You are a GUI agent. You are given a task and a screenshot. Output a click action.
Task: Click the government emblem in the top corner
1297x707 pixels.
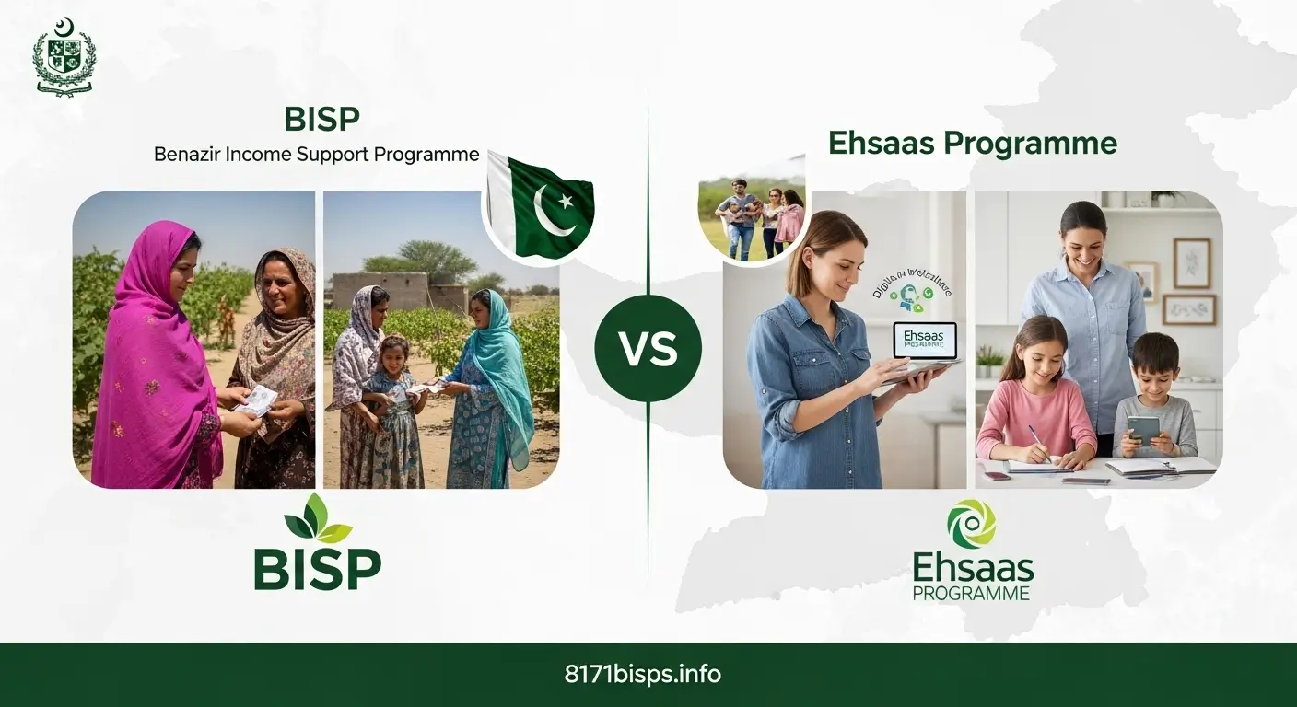tap(64, 56)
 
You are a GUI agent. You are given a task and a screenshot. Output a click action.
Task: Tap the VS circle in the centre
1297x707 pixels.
tap(648, 349)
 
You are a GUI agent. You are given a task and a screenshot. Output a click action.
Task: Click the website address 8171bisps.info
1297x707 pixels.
tap(642, 674)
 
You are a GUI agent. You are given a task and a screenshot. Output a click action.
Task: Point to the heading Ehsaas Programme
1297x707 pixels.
tap(973, 144)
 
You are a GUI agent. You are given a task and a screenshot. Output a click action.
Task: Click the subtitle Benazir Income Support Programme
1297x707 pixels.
tap(316, 154)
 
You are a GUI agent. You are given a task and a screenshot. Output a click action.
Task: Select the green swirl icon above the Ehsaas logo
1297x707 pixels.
tap(972, 523)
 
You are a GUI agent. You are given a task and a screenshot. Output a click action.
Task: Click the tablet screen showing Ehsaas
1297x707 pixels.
tap(925, 339)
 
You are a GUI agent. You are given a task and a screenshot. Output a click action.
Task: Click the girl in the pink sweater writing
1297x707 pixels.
tap(1038, 396)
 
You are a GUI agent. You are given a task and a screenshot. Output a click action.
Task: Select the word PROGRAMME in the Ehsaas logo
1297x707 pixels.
tap(971, 594)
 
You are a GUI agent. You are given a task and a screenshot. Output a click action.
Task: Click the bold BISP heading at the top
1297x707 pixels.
tap(321, 119)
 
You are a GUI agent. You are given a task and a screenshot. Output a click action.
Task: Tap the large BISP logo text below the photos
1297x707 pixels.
tap(318, 569)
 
